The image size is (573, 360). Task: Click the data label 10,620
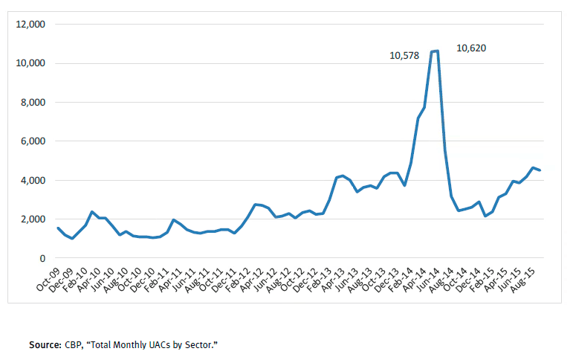click(x=471, y=48)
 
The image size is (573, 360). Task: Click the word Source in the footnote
click(x=43, y=345)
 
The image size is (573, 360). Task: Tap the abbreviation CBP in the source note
click(x=72, y=345)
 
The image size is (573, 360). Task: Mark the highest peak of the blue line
click(x=437, y=51)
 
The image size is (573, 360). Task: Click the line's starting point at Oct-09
click(x=58, y=228)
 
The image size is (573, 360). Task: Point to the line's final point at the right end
click(x=540, y=170)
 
